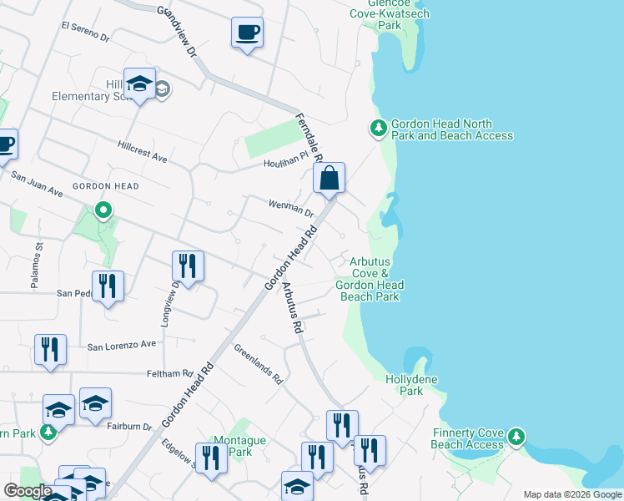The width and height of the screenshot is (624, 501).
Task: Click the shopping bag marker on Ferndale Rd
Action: [x=330, y=179]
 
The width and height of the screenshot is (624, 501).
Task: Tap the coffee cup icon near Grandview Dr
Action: [x=247, y=33]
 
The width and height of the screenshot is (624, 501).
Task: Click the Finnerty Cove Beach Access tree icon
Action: [x=516, y=436]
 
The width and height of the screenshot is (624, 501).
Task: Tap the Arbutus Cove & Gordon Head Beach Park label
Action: [x=370, y=279]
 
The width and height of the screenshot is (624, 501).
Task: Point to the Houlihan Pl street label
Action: [x=286, y=164]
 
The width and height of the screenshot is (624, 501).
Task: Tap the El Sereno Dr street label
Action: [x=85, y=32]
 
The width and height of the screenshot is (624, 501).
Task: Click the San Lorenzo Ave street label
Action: [x=122, y=344]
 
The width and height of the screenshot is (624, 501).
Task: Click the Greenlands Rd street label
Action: [x=259, y=364]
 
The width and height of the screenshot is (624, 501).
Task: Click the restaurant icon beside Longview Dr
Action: [x=188, y=266]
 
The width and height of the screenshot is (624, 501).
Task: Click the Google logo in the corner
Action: [x=28, y=491]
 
